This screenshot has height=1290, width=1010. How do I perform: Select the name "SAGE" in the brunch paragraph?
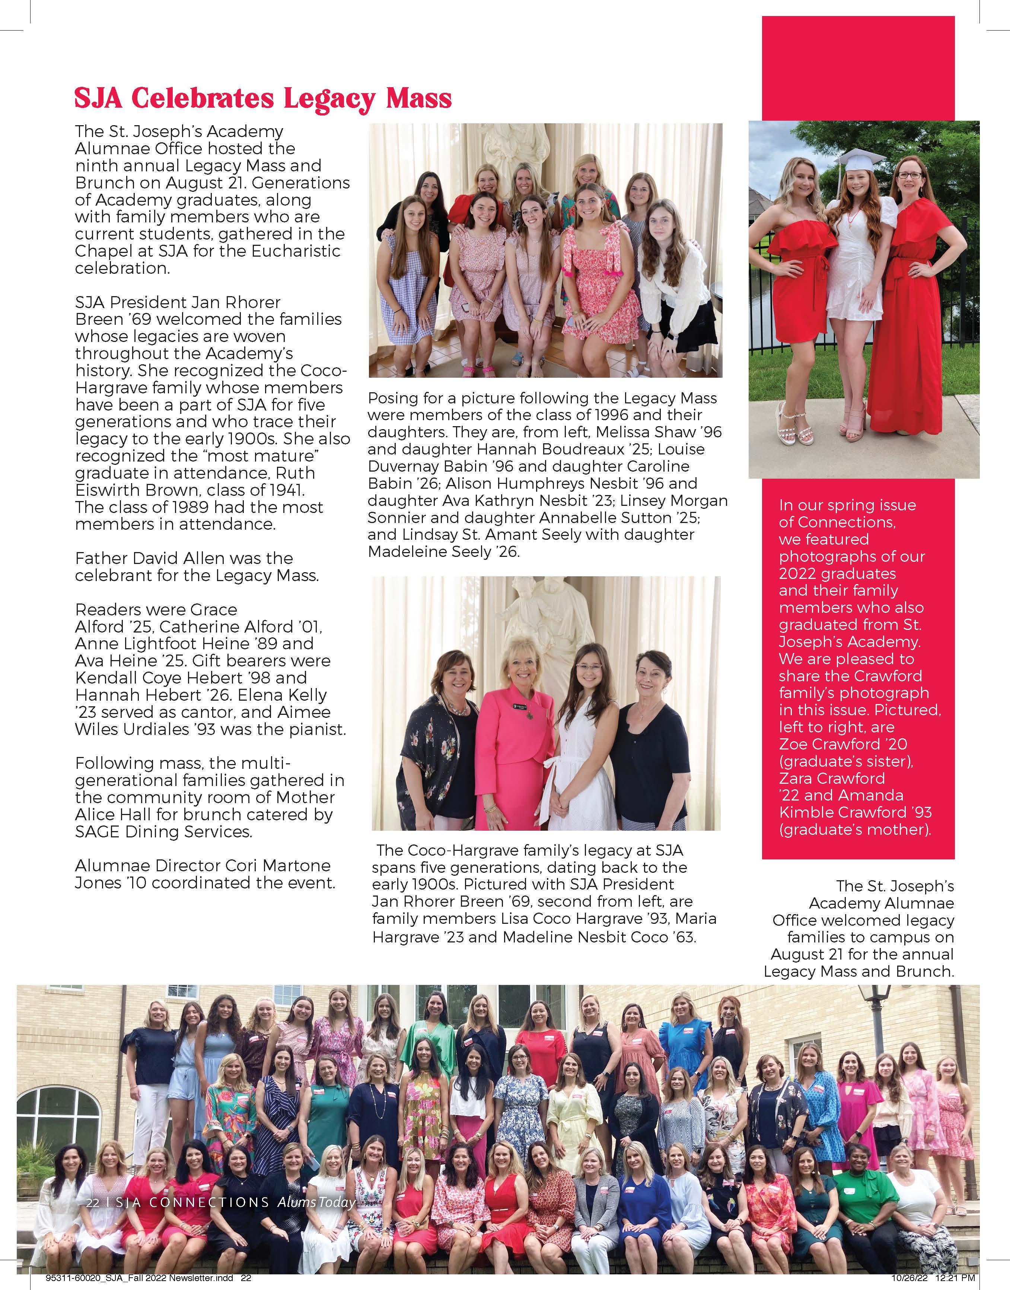(97, 831)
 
